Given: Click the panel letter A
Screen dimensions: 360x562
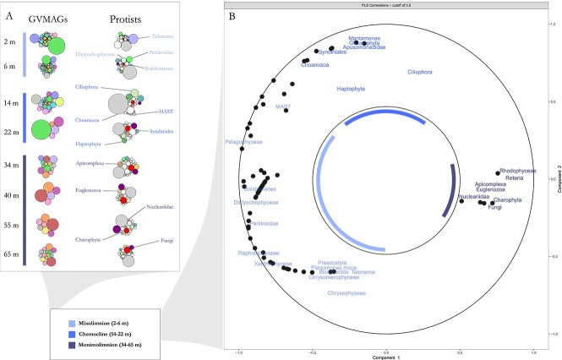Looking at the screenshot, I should click(9, 13).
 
